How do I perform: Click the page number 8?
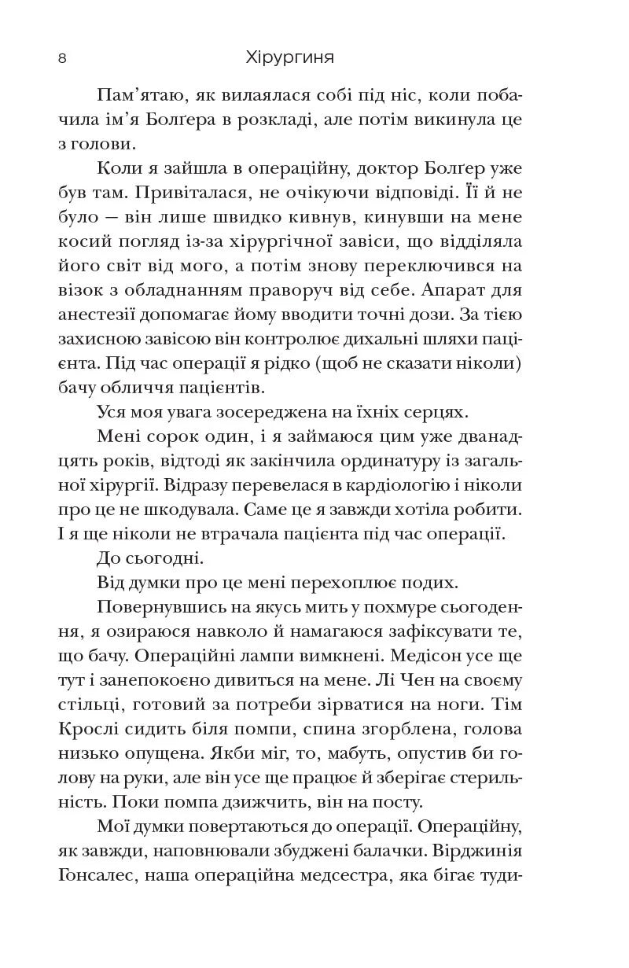(x=61, y=59)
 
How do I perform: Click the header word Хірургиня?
(x=290, y=59)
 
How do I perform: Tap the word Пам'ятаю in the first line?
(x=137, y=96)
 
